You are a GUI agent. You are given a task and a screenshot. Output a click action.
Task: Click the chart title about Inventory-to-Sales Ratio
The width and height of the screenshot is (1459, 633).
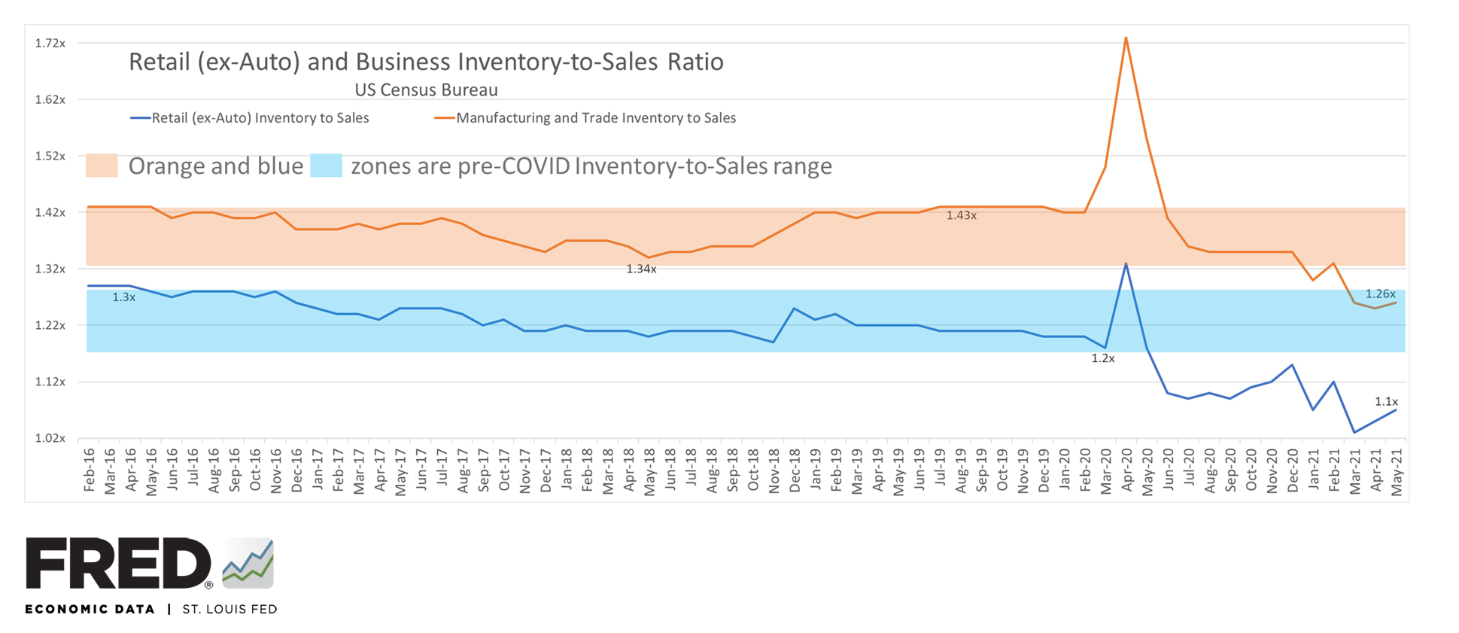point(426,62)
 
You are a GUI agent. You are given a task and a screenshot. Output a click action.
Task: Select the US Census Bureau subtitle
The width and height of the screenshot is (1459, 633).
point(426,90)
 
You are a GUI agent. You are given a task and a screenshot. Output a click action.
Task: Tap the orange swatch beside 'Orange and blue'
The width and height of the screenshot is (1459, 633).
point(102,166)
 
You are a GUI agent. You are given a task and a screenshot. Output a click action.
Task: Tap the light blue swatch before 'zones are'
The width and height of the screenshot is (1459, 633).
point(326,166)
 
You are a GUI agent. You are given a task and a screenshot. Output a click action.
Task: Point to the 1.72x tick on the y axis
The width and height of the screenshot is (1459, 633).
point(50,44)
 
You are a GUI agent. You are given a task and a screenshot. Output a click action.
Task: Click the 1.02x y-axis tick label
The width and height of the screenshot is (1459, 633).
point(50,438)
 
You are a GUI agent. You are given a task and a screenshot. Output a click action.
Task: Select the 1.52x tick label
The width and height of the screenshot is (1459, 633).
point(50,157)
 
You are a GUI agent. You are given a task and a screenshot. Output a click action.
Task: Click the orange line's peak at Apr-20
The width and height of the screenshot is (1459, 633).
point(1126,38)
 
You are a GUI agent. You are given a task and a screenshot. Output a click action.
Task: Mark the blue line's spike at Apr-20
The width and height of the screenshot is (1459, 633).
point(1126,263)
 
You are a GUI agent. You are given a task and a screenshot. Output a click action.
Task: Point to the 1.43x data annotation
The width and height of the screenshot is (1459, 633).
point(961,216)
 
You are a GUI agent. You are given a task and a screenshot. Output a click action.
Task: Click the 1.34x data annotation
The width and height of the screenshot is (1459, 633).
point(641,269)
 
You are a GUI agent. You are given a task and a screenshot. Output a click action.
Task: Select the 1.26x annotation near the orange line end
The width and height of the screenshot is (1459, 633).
point(1380,294)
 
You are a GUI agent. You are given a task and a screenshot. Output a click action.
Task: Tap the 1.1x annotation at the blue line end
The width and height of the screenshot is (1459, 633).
point(1386,402)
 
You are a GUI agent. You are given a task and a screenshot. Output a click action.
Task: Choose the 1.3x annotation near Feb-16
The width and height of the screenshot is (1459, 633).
point(123,298)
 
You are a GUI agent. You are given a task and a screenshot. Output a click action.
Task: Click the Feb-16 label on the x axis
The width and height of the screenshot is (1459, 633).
point(90,470)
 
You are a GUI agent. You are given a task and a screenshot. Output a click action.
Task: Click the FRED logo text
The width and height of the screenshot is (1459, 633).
point(118,564)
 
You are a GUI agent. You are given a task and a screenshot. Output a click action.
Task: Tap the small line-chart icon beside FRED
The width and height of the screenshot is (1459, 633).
point(248,564)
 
